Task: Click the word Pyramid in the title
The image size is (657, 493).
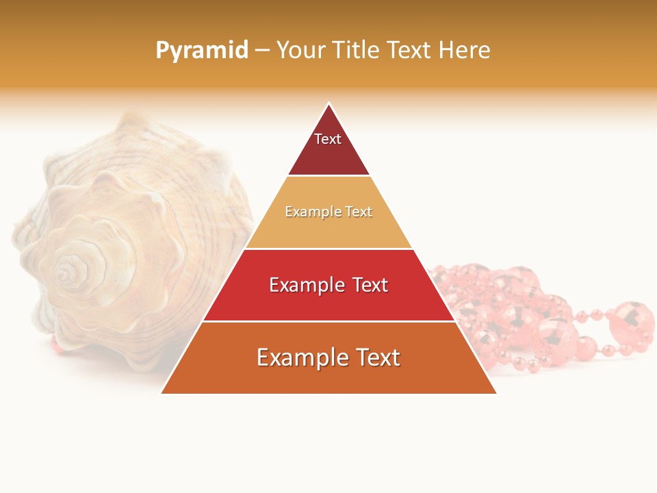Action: click(x=202, y=50)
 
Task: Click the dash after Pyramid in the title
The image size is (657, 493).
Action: click(x=262, y=51)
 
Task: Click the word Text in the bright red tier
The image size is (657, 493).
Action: click(x=365, y=285)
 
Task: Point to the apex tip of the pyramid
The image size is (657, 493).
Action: click(x=329, y=105)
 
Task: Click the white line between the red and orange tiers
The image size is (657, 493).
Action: click(x=328, y=321)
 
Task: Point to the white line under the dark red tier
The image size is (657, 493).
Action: click(x=328, y=176)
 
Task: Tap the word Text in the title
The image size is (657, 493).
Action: click(x=409, y=50)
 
